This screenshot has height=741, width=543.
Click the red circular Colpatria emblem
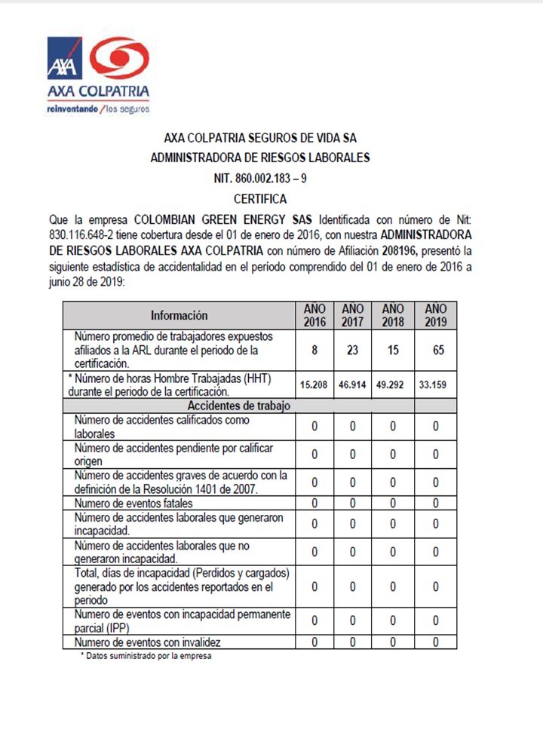(118, 58)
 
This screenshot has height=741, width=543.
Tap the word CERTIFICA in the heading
(259, 199)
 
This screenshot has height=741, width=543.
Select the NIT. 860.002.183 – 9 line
(260, 179)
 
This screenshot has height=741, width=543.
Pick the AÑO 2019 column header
(435, 315)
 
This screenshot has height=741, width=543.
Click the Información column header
(179, 315)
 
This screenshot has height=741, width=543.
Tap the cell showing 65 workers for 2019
(435, 350)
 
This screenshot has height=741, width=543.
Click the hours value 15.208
(314, 384)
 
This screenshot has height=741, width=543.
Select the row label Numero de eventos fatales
(133, 503)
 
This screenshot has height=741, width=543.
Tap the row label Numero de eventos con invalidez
(147, 642)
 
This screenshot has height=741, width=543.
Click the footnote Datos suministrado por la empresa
(146, 656)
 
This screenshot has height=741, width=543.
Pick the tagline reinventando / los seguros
(98, 109)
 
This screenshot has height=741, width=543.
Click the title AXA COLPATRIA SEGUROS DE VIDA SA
(260, 138)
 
